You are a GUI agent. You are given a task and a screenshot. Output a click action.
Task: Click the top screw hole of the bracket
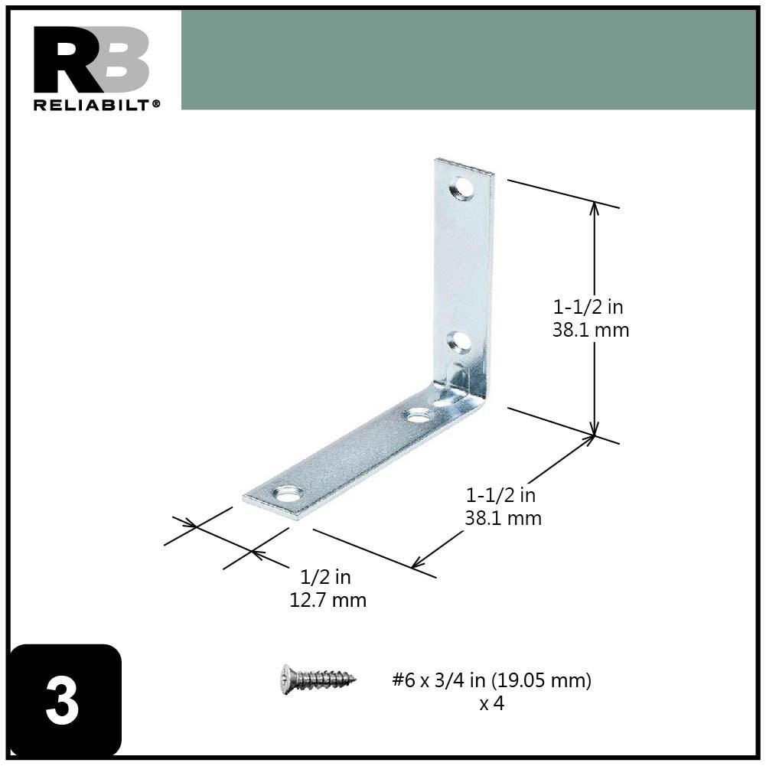coord(461,187)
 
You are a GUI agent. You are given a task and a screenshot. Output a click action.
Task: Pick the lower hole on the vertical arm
coord(459,341)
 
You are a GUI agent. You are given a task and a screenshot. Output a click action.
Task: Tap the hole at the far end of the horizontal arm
coord(288,494)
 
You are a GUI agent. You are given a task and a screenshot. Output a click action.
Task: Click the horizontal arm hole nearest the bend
coord(418,416)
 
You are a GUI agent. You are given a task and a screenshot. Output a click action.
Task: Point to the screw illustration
coord(318,678)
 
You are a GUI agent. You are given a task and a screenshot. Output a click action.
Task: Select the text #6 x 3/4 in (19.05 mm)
coord(491,680)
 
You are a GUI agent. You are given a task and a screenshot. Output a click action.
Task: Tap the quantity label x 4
coord(491,703)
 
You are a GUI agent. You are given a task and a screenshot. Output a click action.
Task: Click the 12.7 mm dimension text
coord(328,601)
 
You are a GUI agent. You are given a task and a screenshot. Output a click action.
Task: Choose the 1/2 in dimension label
coord(326,578)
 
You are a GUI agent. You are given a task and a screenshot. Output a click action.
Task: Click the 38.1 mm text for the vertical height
coord(590,331)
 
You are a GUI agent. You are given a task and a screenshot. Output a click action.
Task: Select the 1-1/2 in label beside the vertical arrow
coord(588,308)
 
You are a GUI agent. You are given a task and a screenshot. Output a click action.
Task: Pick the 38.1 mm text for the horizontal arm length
coord(503,519)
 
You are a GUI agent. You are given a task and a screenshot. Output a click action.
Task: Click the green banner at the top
coord(468,60)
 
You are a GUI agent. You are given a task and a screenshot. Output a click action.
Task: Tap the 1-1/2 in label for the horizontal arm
coord(501,496)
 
